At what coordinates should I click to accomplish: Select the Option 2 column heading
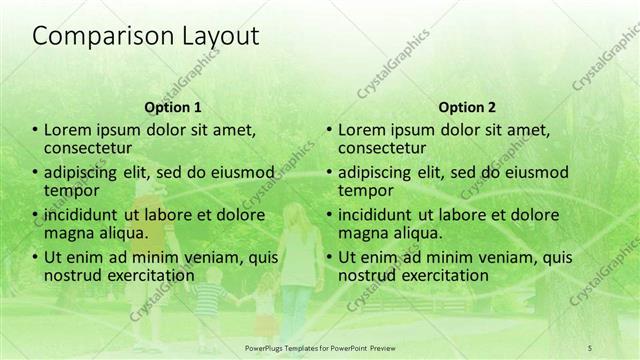(x=466, y=106)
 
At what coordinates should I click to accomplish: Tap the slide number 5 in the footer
(x=590, y=346)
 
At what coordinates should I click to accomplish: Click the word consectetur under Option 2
(x=380, y=149)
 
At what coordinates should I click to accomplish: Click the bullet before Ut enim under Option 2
(x=329, y=257)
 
